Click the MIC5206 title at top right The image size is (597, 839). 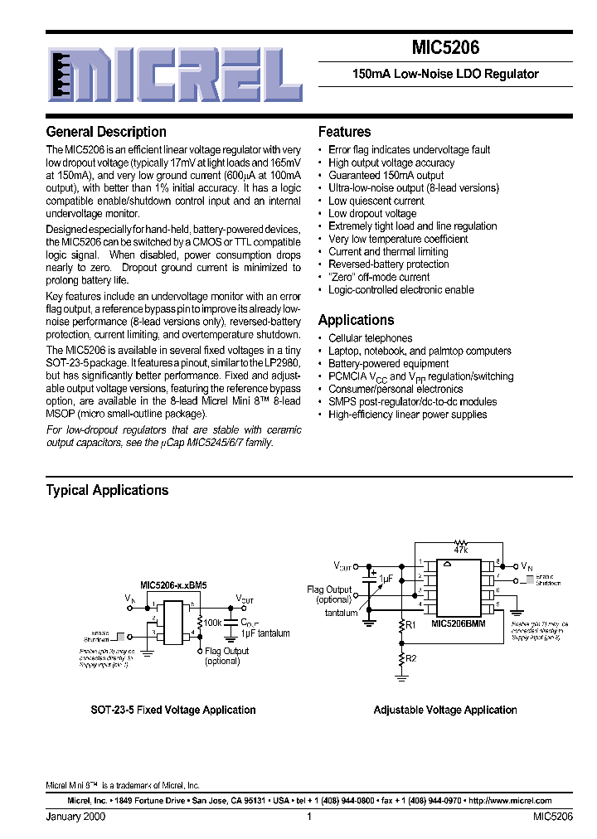click(445, 49)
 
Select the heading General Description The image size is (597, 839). click(106, 132)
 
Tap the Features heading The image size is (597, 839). click(344, 132)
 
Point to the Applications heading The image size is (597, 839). click(356, 320)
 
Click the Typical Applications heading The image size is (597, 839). click(107, 490)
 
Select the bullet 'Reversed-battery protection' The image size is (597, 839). click(389, 264)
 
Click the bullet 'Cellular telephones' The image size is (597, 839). click(370, 338)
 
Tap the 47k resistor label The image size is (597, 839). click(461, 550)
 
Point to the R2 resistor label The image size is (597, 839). click(410, 659)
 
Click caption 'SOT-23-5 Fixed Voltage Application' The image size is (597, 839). click(172, 710)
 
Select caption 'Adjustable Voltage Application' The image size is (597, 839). click(445, 710)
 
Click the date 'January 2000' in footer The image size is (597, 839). click(75, 817)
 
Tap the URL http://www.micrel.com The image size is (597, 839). click(510, 801)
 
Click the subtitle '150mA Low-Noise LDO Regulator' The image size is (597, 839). click(445, 74)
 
